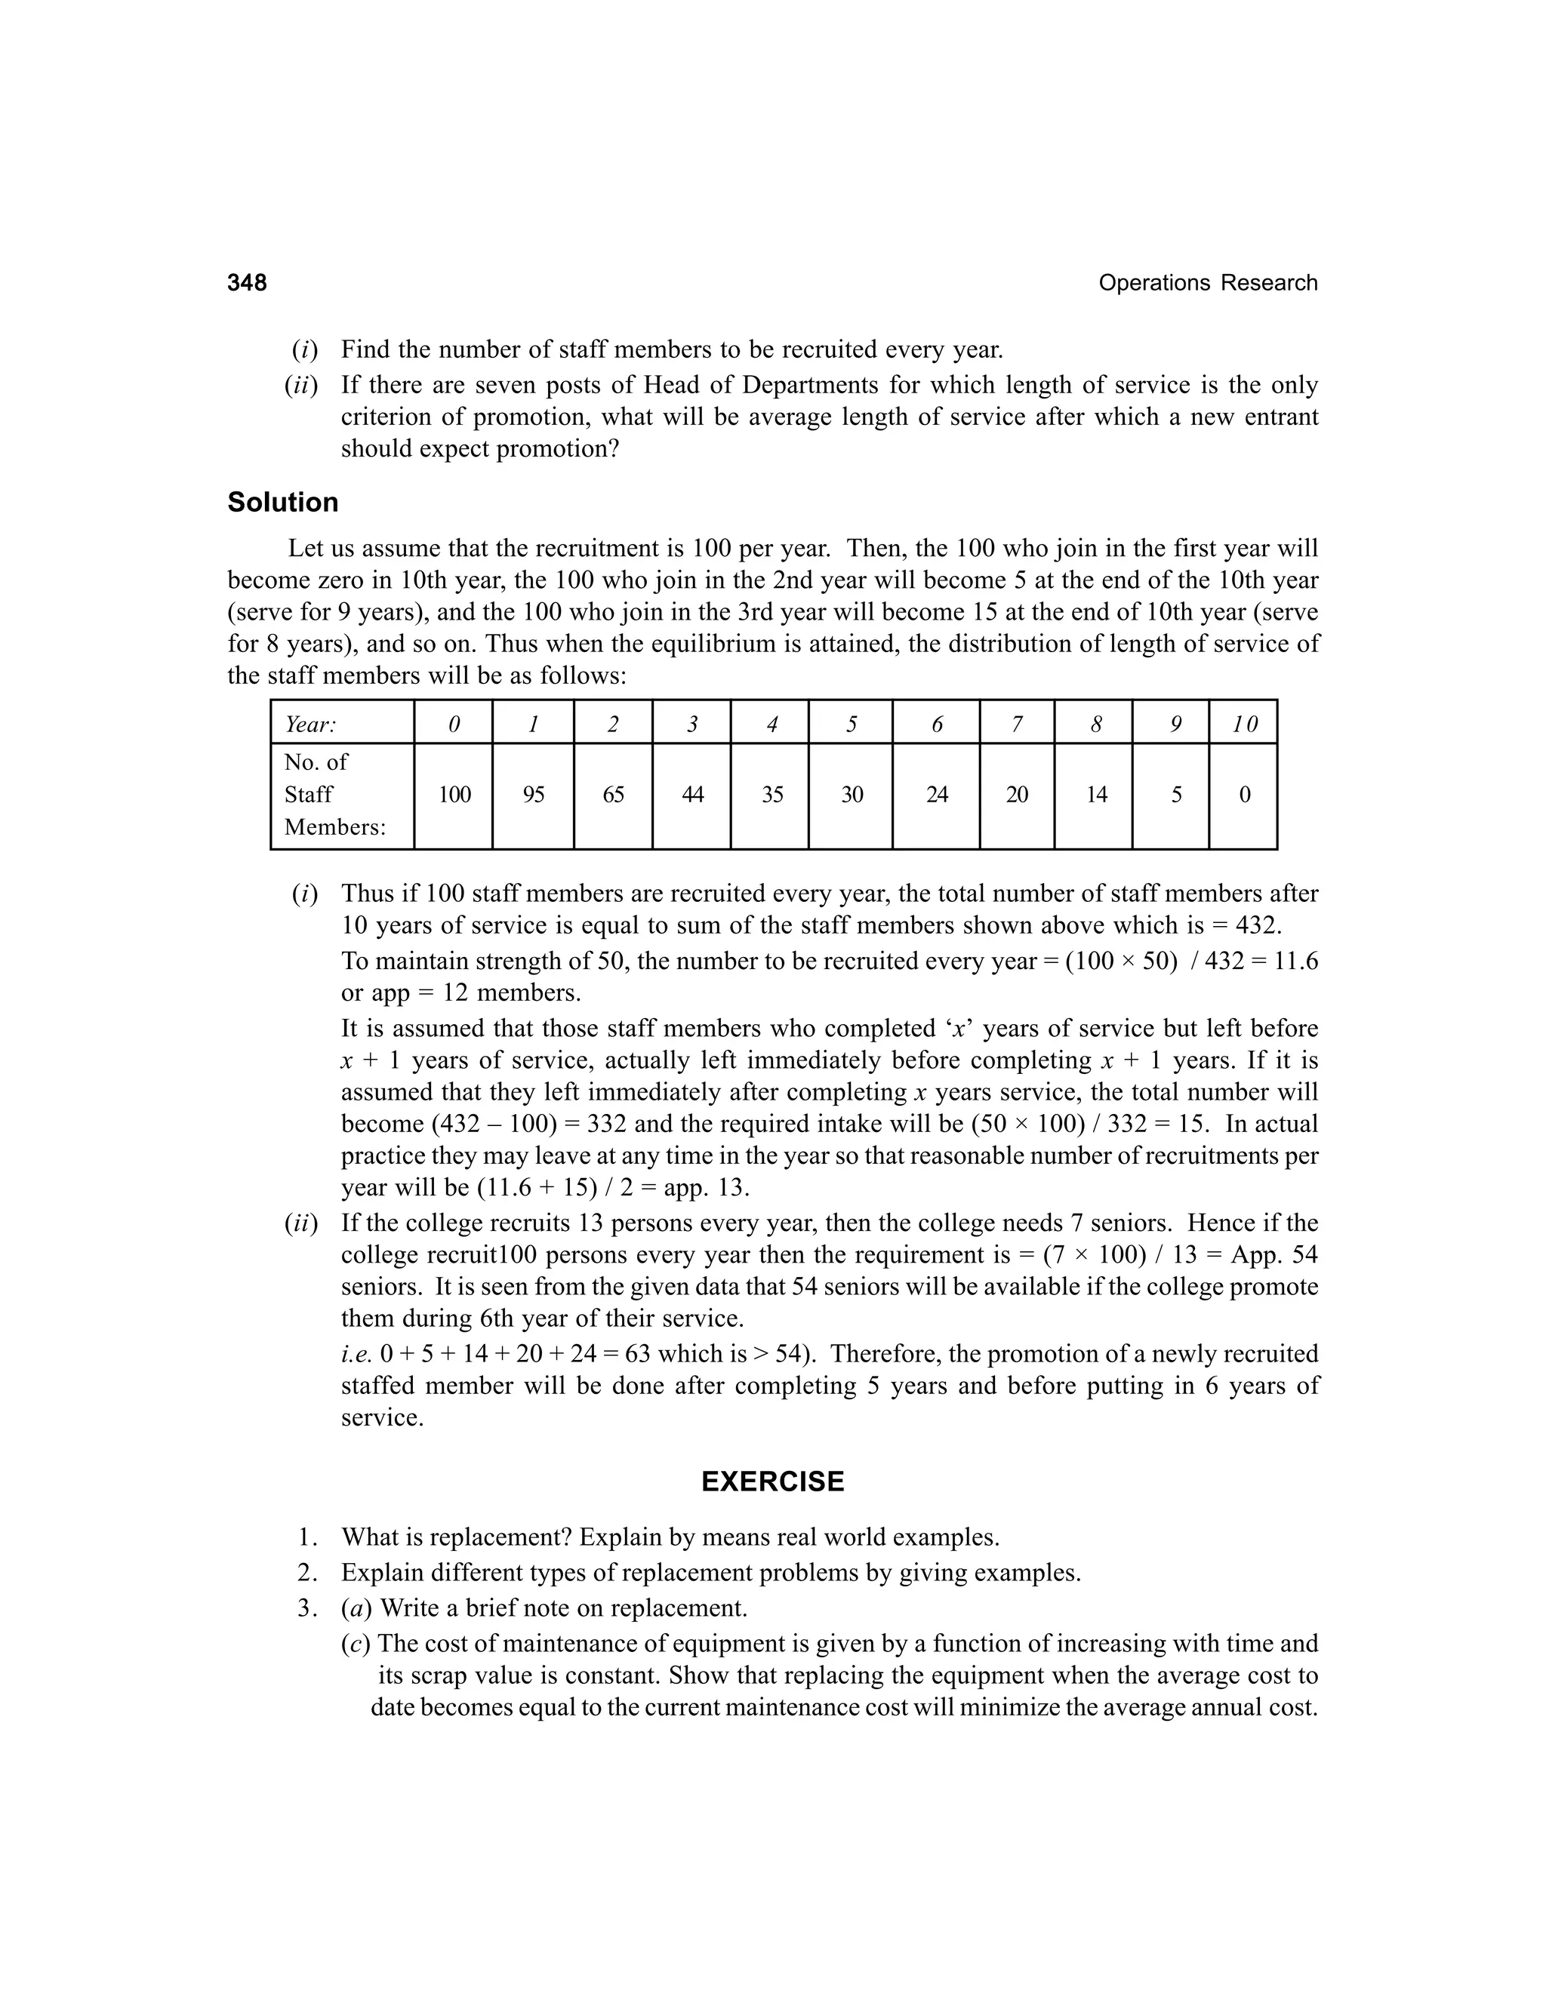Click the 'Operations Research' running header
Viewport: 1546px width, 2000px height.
point(1207,283)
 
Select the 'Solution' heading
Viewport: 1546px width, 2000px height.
point(282,502)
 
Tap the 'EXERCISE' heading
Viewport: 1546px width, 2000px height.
point(772,1482)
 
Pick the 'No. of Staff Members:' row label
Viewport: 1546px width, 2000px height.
point(334,795)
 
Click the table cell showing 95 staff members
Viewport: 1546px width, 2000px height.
point(533,795)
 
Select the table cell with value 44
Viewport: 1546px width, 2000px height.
point(692,795)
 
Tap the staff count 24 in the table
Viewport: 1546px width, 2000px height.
point(936,795)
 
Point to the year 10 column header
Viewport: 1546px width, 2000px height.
point(1244,725)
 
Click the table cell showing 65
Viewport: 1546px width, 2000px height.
point(613,795)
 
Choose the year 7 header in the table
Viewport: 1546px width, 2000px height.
point(1017,725)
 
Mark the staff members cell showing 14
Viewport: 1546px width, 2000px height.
point(1096,795)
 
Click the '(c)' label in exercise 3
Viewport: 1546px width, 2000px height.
point(356,1644)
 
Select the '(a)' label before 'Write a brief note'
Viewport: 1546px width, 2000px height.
point(356,1608)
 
